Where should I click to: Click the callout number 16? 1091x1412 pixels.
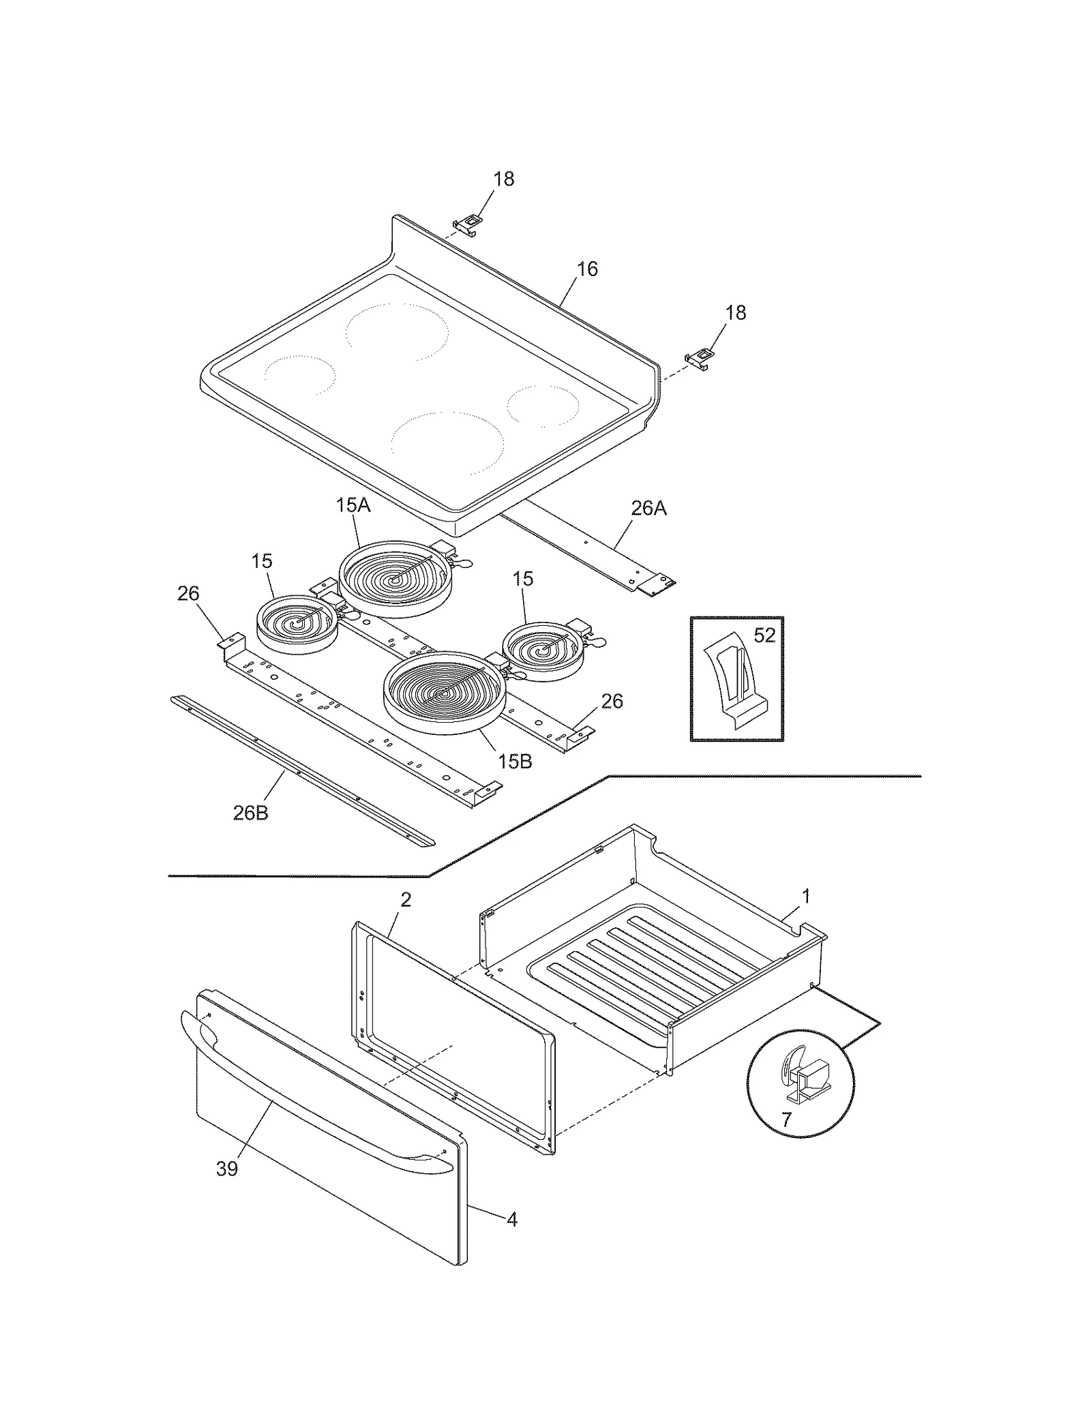point(586,269)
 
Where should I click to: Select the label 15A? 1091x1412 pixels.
point(353,505)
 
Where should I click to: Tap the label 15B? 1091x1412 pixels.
point(514,761)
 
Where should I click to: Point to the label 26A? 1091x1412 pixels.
point(648,508)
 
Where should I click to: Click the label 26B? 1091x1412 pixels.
point(250,813)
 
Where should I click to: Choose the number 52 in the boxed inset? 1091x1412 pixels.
point(764,635)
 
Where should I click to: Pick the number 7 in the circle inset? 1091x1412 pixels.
point(786,1120)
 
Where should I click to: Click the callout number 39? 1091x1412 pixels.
point(227,1168)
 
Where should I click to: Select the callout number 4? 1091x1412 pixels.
point(512,1219)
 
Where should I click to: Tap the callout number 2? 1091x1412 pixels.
point(406,899)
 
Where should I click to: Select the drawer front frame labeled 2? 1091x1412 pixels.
point(453,1036)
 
